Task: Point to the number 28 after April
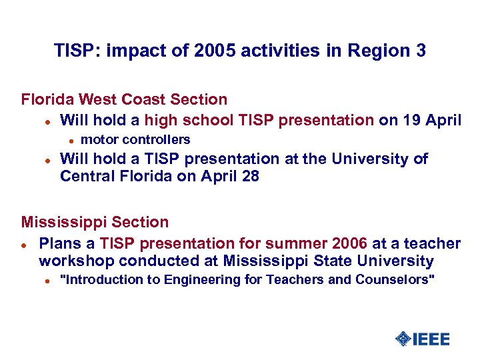click(250, 177)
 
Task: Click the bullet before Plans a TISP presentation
click(24, 245)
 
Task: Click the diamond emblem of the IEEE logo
click(403, 339)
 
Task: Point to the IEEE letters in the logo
click(431, 339)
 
